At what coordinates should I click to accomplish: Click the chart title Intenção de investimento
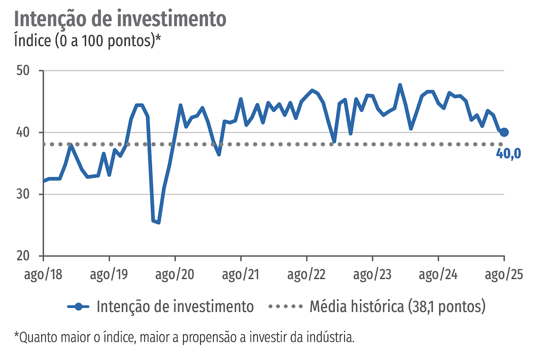[x=120, y=18]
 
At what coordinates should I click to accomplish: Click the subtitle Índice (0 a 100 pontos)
[x=88, y=41]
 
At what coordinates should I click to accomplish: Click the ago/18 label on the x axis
[x=43, y=274]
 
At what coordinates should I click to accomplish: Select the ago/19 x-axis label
[x=109, y=274]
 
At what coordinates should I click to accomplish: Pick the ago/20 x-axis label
[x=175, y=274]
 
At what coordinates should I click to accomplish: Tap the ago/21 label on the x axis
[x=241, y=274]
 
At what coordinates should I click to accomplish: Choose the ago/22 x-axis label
[x=307, y=274]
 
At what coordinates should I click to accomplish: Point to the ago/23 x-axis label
[x=373, y=274]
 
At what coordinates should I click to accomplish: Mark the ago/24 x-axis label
[x=439, y=274]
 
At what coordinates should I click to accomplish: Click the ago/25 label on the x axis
[x=503, y=274]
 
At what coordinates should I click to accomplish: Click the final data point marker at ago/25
[x=504, y=132]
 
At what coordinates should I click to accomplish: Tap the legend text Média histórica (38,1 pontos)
[x=397, y=307]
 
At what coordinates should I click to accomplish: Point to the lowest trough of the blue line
[x=158, y=222]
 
